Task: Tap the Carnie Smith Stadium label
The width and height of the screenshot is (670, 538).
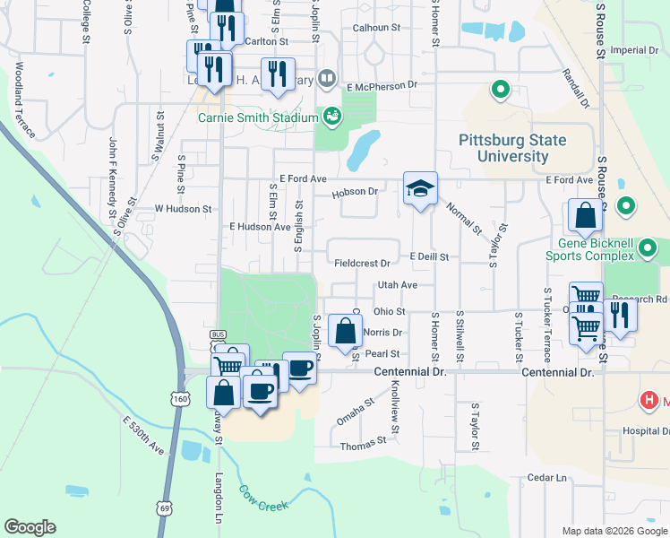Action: point(258,117)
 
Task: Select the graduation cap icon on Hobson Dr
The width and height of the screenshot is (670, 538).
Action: point(419,189)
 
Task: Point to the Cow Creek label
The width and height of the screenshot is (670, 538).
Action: point(263,499)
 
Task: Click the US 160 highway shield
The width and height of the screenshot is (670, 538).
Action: point(181,398)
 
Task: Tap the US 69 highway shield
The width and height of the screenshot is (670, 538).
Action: point(165,508)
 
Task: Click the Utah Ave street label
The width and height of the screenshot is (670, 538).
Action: point(398,284)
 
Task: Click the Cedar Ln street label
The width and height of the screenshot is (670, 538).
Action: point(548,477)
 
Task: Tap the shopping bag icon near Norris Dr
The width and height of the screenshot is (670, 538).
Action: point(345,331)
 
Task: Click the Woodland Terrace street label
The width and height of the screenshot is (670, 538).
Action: point(24,100)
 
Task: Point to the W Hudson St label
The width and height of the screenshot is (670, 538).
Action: point(182,208)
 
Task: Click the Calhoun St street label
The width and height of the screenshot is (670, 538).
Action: point(375,28)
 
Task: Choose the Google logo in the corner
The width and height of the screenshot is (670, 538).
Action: point(30,527)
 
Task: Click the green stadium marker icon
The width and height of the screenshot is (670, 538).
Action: point(332,116)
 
